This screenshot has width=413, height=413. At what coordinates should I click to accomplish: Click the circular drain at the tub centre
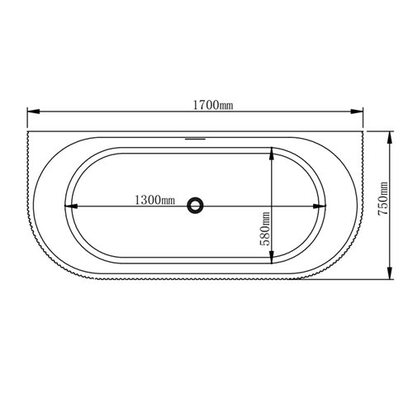tap(196, 204)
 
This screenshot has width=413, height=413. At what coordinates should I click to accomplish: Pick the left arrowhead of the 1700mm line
tap(31, 112)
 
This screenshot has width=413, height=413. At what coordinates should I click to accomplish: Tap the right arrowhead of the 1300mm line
tap(320, 204)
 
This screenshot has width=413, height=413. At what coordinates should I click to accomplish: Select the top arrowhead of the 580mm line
tap(273, 153)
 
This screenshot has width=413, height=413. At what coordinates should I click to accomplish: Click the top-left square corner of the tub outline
tap(28, 130)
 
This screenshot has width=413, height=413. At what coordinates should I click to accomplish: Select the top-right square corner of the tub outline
tap(365, 130)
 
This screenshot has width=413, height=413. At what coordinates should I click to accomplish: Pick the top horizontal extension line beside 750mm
tap(381, 130)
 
